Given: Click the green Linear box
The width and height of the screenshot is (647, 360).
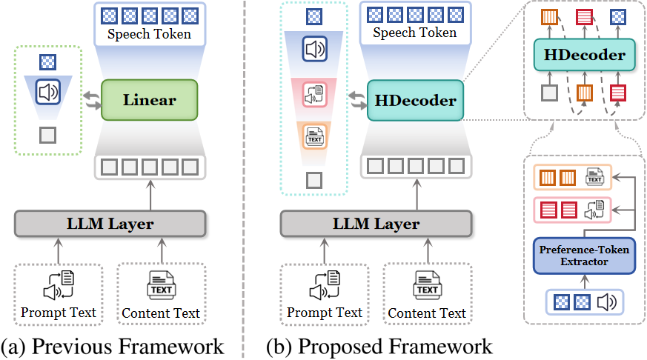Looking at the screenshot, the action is tap(150, 100).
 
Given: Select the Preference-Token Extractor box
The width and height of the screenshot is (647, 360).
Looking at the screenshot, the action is tap(584, 256).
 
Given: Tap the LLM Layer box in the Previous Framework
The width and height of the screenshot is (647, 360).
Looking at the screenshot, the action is tap(110, 224).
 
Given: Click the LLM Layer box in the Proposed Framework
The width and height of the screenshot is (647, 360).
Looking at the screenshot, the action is tap(376, 224).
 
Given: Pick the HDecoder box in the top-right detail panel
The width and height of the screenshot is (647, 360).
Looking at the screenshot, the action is tap(584, 55).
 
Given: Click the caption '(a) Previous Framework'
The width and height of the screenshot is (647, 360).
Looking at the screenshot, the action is tap(112, 347).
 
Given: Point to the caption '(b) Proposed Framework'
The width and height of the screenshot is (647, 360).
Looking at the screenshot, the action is tap(379, 347).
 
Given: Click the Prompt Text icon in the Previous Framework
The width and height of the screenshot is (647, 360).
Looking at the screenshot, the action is tap(59, 285).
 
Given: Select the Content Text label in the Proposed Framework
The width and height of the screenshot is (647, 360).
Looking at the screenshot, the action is tap(427, 313).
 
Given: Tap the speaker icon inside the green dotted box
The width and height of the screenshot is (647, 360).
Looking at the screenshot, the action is tap(48, 92).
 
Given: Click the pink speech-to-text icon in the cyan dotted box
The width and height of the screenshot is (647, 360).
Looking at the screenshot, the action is tap(315, 95).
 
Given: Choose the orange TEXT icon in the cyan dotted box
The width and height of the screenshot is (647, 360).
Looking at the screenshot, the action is tap(315, 136).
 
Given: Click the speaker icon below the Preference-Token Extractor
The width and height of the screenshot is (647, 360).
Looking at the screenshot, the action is tap(607, 302).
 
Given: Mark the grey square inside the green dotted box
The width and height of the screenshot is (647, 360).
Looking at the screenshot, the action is tap(48, 136).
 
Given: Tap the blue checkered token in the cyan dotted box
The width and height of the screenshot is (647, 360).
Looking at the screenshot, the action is tap(314, 16).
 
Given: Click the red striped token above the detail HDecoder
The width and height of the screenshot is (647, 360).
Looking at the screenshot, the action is tap(584, 18).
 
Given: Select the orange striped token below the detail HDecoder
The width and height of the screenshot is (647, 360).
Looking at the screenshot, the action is tap(584, 93).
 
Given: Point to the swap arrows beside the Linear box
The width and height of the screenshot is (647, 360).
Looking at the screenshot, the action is tap(92, 101).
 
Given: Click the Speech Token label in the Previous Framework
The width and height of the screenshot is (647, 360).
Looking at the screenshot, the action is tap(150, 34).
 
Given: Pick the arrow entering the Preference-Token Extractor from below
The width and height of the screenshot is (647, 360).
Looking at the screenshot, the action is tap(584, 281).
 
